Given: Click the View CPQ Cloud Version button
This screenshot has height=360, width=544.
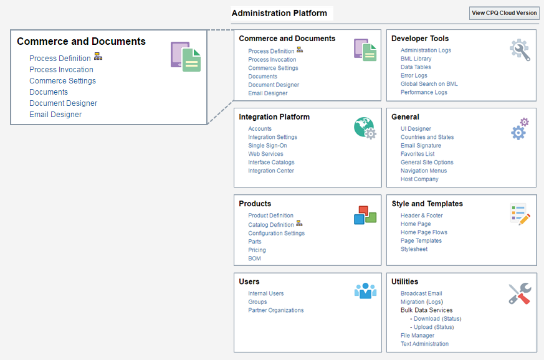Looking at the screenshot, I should [504, 13].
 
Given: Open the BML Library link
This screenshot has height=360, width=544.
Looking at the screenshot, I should [416, 59].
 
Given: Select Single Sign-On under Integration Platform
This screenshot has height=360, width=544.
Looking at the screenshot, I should [267, 146].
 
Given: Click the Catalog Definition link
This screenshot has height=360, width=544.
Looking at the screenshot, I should [270, 225].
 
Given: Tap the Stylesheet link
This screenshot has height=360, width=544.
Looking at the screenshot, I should [414, 249].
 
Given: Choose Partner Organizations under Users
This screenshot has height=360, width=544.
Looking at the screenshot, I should [275, 310].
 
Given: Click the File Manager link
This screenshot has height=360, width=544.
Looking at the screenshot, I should [418, 336].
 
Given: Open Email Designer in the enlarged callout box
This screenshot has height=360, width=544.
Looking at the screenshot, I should [55, 115].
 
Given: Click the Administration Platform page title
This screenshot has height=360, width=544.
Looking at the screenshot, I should [279, 13].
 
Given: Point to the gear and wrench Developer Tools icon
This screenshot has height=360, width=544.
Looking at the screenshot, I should [520, 50].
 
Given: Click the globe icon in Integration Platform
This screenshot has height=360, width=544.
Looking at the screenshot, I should [365, 128].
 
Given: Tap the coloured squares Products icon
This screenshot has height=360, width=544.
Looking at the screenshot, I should [365, 215].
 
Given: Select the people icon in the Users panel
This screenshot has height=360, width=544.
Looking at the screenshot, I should [365, 290].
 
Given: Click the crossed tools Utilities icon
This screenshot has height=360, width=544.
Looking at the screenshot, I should [519, 293].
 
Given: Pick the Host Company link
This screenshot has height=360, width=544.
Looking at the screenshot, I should [419, 179].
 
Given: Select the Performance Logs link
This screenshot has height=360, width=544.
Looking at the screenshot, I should [424, 92].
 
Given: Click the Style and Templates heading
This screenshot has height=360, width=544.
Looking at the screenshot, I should [427, 204].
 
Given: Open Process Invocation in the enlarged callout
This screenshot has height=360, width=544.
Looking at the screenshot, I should [61, 70].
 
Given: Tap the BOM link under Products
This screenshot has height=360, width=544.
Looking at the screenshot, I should [254, 258].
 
